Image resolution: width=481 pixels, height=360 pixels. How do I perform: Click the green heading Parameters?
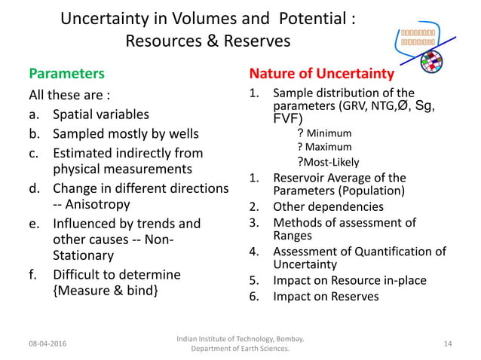coord(66,75)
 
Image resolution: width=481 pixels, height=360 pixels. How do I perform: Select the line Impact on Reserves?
coord(326,296)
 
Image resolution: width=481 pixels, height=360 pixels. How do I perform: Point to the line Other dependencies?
coord(328,206)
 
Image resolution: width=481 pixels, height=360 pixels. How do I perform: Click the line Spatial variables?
coord(100,115)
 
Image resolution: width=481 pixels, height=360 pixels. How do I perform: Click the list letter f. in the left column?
coord(34,273)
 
